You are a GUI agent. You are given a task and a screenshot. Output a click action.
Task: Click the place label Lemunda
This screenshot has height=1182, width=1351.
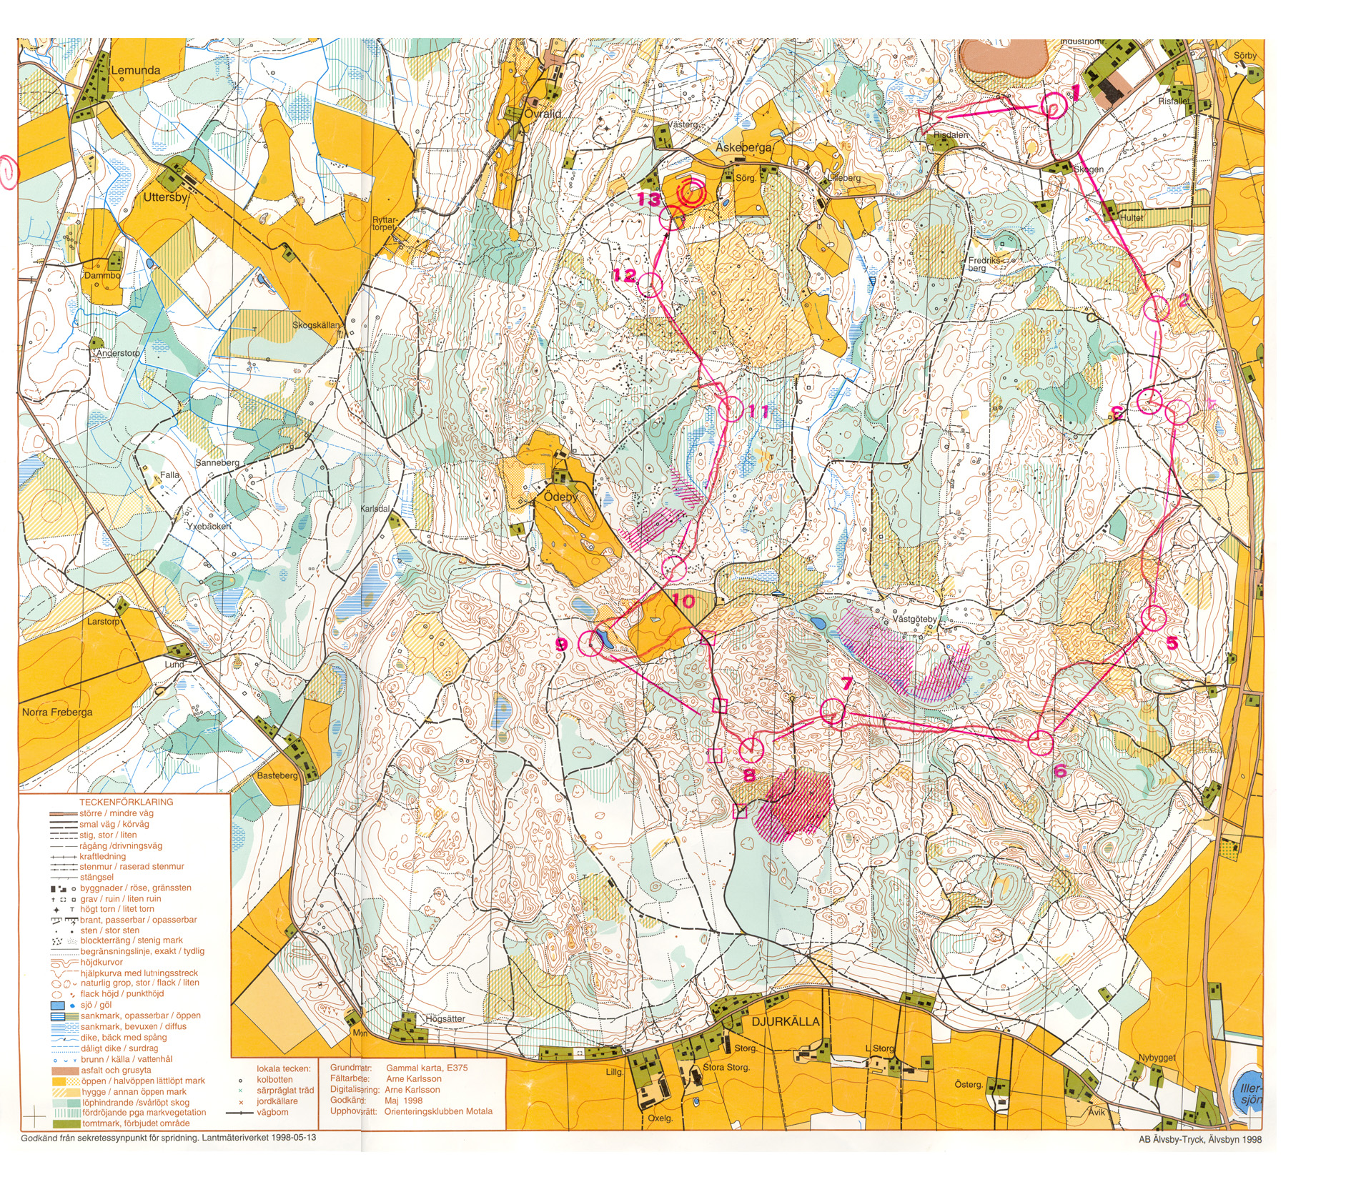(x=136, y=70)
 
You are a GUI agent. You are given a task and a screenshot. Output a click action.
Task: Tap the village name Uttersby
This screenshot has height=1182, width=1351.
(x=165, y=197)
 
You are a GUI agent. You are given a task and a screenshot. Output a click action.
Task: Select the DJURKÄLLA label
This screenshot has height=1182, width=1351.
(x=785, y=1021)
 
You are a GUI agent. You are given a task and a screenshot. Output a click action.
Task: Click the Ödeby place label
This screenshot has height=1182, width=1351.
(x=560, y=496)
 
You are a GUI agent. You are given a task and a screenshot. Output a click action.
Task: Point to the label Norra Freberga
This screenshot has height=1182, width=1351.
(x=57, y=712)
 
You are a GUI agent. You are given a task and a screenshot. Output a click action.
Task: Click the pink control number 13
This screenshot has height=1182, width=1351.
(x=649, y=199)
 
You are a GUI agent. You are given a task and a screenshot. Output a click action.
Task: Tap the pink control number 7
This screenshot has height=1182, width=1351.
(x=847, y=683)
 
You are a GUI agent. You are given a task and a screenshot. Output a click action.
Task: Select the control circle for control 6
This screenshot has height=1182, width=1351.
(x=1041, y=743)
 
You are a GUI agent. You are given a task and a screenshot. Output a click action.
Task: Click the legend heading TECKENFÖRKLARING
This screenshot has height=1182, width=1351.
(x=126, y=802)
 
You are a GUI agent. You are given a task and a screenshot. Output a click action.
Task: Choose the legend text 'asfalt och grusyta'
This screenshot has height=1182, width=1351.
(x=115, y=1070)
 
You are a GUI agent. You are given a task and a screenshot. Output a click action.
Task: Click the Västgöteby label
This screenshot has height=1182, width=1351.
(x=914, y=619)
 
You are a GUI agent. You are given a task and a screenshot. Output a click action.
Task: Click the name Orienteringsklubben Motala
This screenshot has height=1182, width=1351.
(x=437, y=1111)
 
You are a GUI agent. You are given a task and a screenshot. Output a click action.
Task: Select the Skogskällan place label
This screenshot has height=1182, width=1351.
(x=316, y=325)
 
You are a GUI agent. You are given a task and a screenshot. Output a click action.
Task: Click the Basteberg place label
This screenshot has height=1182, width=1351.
(x=277, y=775)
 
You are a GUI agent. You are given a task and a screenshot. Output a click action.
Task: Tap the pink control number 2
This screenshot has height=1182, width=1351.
(x=1183, y=300)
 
